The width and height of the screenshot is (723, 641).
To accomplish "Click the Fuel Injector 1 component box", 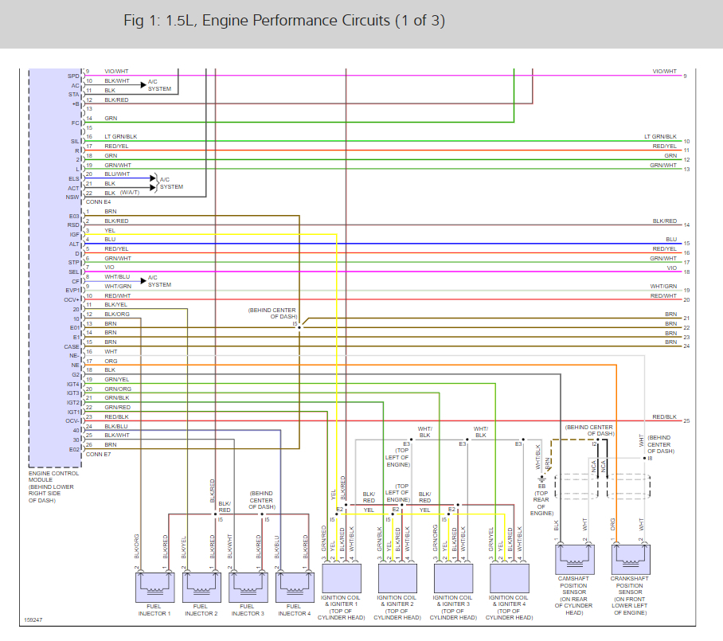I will click(x=154, y=586).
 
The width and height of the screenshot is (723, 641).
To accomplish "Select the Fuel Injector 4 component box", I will click(x=293, y=586).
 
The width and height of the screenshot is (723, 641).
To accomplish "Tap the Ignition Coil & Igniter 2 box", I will click(x=397, y=575).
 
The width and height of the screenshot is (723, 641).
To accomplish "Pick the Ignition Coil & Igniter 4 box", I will click(x=509, y=575).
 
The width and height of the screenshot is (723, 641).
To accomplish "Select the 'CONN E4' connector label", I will click(x=98, y=202).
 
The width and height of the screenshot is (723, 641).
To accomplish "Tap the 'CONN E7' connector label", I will click(x=98, y=454).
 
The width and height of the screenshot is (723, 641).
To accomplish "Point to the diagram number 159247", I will click(x=34, y=620).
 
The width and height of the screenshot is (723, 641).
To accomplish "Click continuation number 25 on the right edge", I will click(x=686, y=420).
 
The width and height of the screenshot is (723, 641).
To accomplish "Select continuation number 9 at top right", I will click(x=685, y=76).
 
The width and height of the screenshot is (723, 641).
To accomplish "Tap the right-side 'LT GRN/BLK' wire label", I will click(x=660, y=137).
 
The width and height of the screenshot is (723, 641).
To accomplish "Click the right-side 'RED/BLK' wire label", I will click(x=664, y=416).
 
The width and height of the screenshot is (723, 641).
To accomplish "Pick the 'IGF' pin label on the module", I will click(x=74, y=234).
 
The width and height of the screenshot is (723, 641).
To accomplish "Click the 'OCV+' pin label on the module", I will click(x=72, y=299).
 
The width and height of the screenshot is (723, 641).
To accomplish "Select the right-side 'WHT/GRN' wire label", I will click(x=663, y=286).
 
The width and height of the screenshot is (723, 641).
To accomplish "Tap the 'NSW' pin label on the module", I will click(x=73, y=197).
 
